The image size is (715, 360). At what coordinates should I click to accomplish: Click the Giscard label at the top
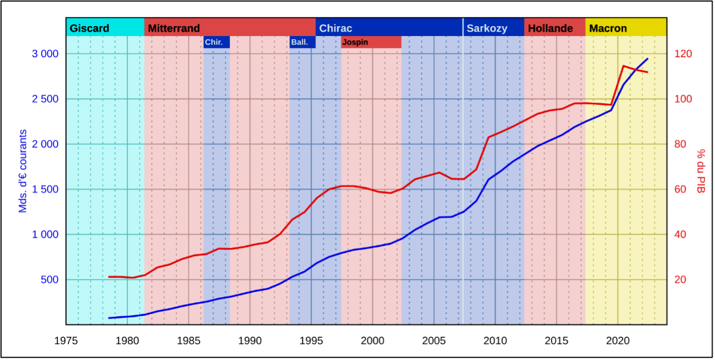coord(89,28)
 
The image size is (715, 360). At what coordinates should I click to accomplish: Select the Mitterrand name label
coord(174,28)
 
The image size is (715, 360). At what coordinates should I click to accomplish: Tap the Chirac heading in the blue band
coord(335,28)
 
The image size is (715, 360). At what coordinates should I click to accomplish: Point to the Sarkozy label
coord(486,28)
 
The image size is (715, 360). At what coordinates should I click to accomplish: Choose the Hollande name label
coord(550,28)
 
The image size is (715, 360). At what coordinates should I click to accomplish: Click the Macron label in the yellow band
coord(607,28)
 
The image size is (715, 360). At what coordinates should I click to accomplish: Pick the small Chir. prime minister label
coord(213,42)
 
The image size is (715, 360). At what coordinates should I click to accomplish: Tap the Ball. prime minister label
coord(299,42)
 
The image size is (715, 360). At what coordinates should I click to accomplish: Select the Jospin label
coord(355,42)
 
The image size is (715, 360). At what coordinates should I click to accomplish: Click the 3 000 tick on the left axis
coord(45,54)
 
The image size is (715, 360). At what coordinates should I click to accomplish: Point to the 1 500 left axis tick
coord(45,189)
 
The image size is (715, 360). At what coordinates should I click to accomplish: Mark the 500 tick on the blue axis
coord(49,279)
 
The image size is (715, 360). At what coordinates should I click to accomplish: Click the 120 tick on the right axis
coord(683,54)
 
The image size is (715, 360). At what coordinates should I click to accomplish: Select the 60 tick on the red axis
coord(680,189)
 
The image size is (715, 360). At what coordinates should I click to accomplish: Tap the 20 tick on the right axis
coord(680,279)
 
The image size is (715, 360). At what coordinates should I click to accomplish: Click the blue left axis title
coord(23,171)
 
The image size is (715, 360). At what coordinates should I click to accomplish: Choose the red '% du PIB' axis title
coord(701,171)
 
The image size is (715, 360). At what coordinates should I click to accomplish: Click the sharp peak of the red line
coord(623,66)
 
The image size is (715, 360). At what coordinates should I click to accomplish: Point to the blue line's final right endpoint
coord(647,58)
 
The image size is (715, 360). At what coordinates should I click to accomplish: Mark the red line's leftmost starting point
coord(109,277)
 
